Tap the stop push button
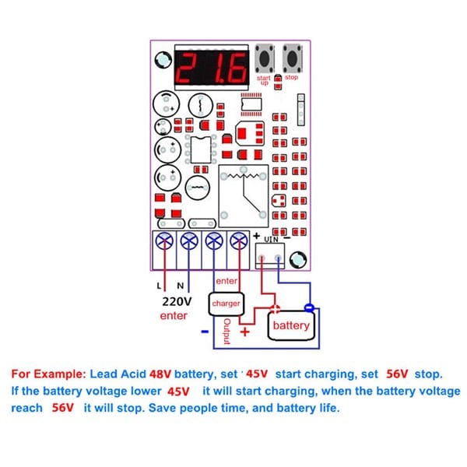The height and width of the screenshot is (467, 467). pyautogui.click(x=293, y=58)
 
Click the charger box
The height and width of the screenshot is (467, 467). pyautogui.click(x=226, y=303)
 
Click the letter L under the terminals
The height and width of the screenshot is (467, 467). pyautogui.click(x=160, y=286)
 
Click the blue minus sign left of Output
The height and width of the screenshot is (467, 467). pyautogui.click(x=204, y=332)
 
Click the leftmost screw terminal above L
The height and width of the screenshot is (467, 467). pyautogui.click(x=163, y=242)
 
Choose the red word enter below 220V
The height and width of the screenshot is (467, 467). pyautogui.click(x=174, y=316)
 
